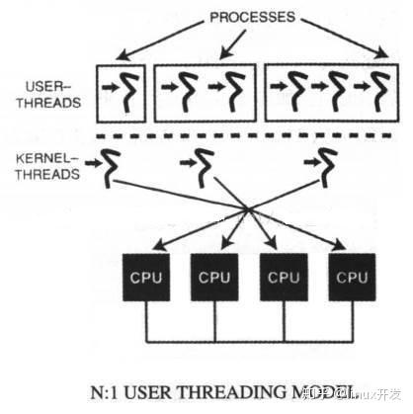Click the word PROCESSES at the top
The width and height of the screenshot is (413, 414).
[255, 16]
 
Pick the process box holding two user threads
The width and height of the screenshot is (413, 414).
[206, 90]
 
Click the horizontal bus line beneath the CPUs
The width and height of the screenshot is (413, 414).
[246, 341]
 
